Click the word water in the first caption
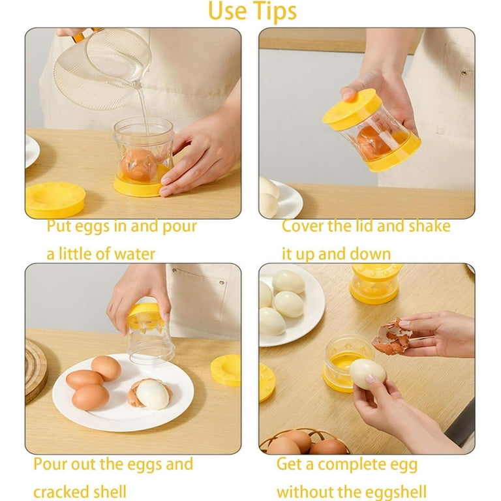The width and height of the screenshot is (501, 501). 134,254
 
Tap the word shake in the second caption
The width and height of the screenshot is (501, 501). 430,226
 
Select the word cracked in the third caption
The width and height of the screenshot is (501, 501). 61,492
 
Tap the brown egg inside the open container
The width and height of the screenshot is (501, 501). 139,166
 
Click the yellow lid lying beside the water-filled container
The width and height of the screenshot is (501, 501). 55,200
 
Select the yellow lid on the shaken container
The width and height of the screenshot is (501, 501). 352,110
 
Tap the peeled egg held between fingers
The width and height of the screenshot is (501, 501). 367,374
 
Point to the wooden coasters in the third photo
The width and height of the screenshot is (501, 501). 36,370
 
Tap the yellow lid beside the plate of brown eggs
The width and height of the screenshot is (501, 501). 226,370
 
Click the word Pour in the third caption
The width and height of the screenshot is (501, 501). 50,464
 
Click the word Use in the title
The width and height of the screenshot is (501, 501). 227,12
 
